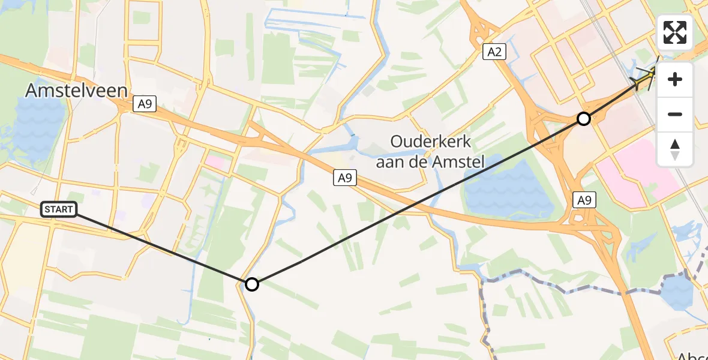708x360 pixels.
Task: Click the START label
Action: tap(59, 209)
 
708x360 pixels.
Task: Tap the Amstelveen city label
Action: tap(76, 91)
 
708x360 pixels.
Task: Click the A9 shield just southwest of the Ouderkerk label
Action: tap(344, 178)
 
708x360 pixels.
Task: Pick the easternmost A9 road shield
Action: tap(584, 200)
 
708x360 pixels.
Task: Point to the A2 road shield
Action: tap(494, 52)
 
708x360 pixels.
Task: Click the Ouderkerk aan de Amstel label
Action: tap(430, 151)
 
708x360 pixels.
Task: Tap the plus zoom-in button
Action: tap(675, 79)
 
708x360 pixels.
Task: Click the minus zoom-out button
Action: tap(675, 114)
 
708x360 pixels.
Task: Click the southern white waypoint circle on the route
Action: tap(252, 284)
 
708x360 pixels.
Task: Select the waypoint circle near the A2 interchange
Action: tap(583, 119)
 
